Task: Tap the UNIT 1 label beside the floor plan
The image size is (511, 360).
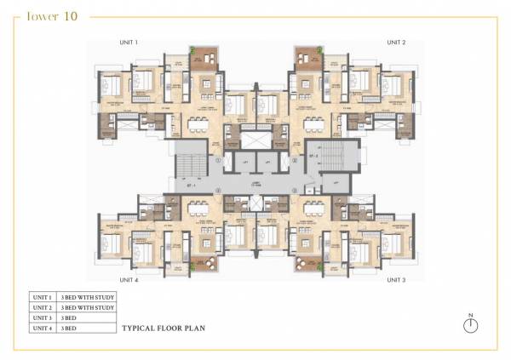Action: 129,42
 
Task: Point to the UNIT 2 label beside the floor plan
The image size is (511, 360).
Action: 396,42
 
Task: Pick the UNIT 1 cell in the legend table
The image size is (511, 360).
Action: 42,296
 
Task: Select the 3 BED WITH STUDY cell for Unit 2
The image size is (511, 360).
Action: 86,306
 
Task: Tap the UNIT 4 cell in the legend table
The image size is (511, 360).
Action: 42,327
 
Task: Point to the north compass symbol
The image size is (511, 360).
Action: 472,325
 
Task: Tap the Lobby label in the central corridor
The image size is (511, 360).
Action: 255,182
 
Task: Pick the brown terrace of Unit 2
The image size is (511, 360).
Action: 307,59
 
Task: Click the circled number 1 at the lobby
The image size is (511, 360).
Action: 219,160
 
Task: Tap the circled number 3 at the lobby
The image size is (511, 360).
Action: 292,190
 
